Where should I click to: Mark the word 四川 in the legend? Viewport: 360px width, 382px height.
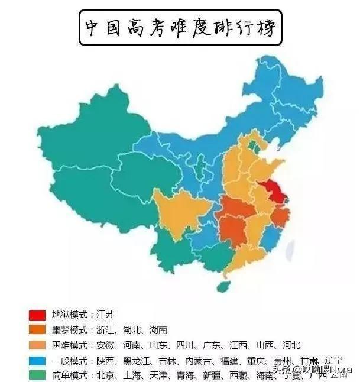(x=193, y=345)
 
